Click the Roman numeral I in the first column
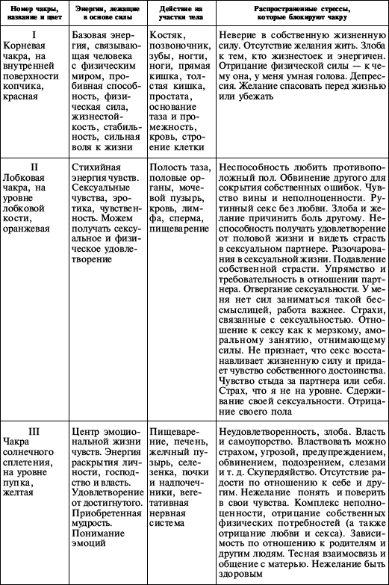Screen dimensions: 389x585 coord(34,34)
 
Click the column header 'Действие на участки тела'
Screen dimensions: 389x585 coord(179,12)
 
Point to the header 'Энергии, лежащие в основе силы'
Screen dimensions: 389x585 coord(107,12)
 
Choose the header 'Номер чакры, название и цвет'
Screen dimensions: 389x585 coord(34,12)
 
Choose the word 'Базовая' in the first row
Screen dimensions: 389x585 coord(96,35)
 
